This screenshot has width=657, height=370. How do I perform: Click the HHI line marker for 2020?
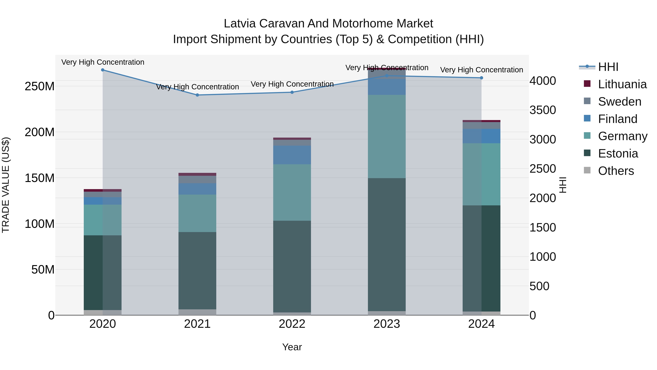click(x=103, y=70)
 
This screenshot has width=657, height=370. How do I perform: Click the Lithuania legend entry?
click(x=622, y=84)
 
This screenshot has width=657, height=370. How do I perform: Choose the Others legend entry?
click(x=616, y=171)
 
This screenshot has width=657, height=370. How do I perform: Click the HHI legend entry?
click(x=608, y=67)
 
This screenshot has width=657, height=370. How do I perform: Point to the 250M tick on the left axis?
click(x=40, y=86)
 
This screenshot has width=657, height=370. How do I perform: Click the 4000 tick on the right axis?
click(x=543, y=81)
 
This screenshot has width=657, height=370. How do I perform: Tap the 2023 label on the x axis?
click(x=387, y=324)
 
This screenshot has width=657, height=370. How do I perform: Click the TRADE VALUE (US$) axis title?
click(x=6, y=185)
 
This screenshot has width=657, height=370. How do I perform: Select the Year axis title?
click(x=292, y=347)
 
